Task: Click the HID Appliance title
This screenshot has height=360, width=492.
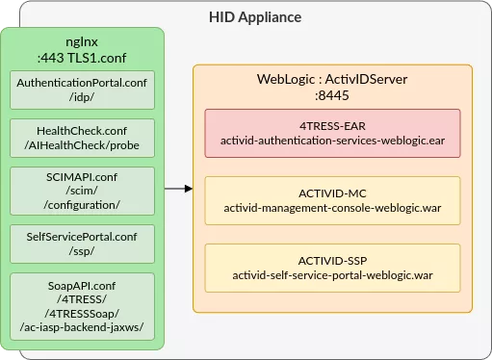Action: click(255, 17)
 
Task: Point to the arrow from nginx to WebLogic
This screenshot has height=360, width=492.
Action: click(177, 189)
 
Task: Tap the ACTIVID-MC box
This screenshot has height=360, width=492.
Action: click(333, 200)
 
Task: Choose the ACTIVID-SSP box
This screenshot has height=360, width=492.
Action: click(333, 267)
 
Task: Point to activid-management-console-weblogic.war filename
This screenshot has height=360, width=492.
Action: click(333, 207)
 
